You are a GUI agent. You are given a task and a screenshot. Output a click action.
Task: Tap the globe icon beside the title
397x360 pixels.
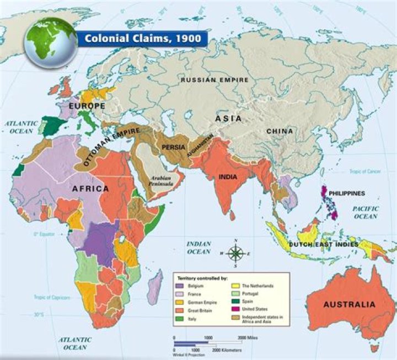50,42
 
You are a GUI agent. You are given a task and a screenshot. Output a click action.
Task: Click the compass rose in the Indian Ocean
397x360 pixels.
235,254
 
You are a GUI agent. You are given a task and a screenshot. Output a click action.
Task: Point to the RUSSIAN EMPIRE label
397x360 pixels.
216,80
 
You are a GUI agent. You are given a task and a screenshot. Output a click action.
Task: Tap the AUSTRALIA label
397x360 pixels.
349,304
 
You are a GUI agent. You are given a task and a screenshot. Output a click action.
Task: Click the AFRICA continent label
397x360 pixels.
89,189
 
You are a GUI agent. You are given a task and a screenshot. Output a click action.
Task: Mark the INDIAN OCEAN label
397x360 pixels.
198,248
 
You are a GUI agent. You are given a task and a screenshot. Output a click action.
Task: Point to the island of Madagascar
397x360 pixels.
156,287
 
